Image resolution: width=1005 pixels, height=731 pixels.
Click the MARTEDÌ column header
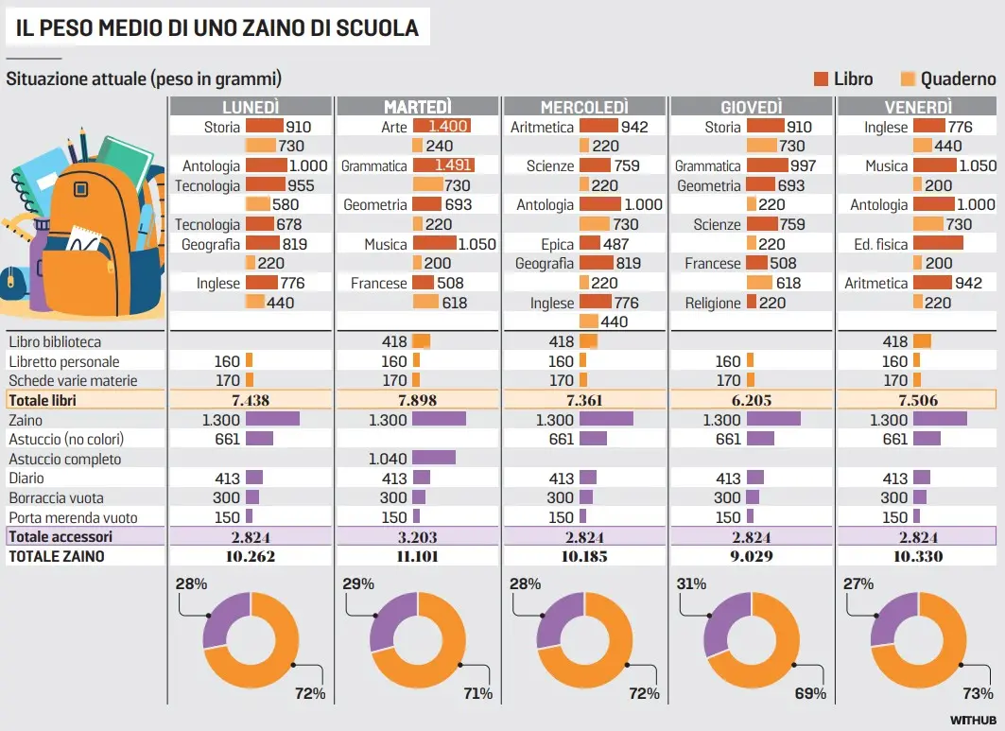[418, 107]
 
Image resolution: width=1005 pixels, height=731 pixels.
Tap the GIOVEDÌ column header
[752, 107]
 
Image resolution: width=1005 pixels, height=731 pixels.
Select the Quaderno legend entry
[958, 79]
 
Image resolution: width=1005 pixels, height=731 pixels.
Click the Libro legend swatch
[821, 79]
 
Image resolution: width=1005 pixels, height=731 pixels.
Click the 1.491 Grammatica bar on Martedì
[443, 165]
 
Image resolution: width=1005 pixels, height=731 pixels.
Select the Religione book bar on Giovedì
[752, 303]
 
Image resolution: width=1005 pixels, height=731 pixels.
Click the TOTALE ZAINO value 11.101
[418, 557]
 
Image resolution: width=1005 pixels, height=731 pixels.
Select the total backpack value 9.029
[752, 557]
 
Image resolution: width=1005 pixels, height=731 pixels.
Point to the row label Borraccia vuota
[57, 498]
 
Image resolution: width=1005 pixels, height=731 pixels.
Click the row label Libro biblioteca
[55, 341]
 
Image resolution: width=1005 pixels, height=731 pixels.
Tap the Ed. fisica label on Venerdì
[881, 244]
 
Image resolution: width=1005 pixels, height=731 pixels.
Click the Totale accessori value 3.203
[418, 537]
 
